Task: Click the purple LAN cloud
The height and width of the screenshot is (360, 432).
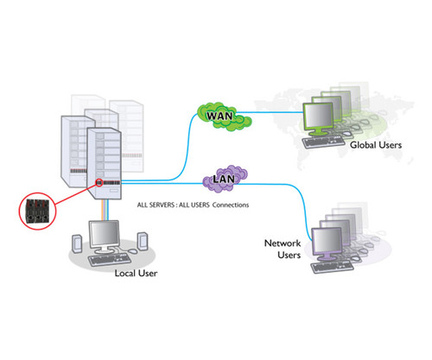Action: (x=219, y=182)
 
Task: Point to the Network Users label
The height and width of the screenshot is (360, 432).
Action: (x=282, y=249)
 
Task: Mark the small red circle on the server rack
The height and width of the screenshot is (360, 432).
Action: (x=99, y=183)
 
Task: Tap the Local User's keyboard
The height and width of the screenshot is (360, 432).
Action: (x=111, y=258)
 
